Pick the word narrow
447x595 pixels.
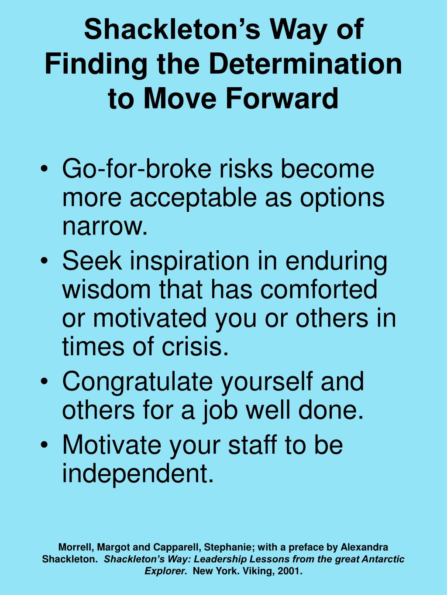point(103,227)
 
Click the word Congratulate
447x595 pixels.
point(137,382)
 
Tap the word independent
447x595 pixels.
point(138,473)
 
